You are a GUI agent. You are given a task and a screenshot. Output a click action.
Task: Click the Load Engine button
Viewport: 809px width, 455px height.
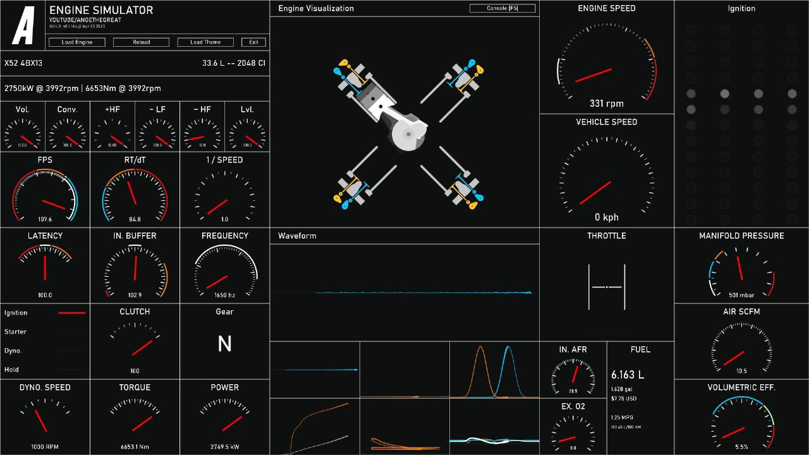click(x=77, y=42)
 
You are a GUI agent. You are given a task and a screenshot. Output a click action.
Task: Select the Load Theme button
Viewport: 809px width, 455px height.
click(x=205, y=42)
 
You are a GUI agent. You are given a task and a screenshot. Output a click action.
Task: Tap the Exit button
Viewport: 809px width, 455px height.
click(x=253, y=42)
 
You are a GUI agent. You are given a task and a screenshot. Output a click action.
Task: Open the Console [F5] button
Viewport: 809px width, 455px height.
click(x=502, y=8)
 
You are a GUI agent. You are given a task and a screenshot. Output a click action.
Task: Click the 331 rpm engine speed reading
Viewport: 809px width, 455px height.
click(x=606, y=104)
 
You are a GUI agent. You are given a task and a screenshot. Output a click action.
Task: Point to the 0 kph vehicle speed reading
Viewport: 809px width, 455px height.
click(x=606, y=217)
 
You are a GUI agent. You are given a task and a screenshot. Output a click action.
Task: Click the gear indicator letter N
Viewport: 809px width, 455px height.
click(x=224, y=344)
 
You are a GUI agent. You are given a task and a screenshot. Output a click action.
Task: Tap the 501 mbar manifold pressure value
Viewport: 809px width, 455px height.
click(x=741, y=295)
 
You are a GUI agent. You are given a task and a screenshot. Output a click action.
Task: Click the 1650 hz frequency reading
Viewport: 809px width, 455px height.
click(x=224, y=295)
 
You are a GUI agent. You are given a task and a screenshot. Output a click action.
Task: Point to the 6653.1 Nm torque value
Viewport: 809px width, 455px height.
click(x=135, y=447)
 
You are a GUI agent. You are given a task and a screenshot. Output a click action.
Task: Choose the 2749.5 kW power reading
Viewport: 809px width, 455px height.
click(x=224, y=447)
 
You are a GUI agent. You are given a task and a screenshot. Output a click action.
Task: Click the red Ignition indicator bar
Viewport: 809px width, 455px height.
click(x=72, y=313)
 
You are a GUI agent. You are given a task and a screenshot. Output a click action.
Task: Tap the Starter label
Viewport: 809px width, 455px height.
click(x=15, y=332)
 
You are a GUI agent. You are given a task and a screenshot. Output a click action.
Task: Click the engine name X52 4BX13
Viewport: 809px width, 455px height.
click(x=23, y=63)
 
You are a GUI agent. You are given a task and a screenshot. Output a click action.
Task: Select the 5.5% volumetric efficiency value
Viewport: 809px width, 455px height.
click(x=741, y=447)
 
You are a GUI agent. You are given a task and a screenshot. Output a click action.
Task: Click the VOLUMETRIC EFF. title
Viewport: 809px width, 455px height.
click(x=741, y=387)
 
